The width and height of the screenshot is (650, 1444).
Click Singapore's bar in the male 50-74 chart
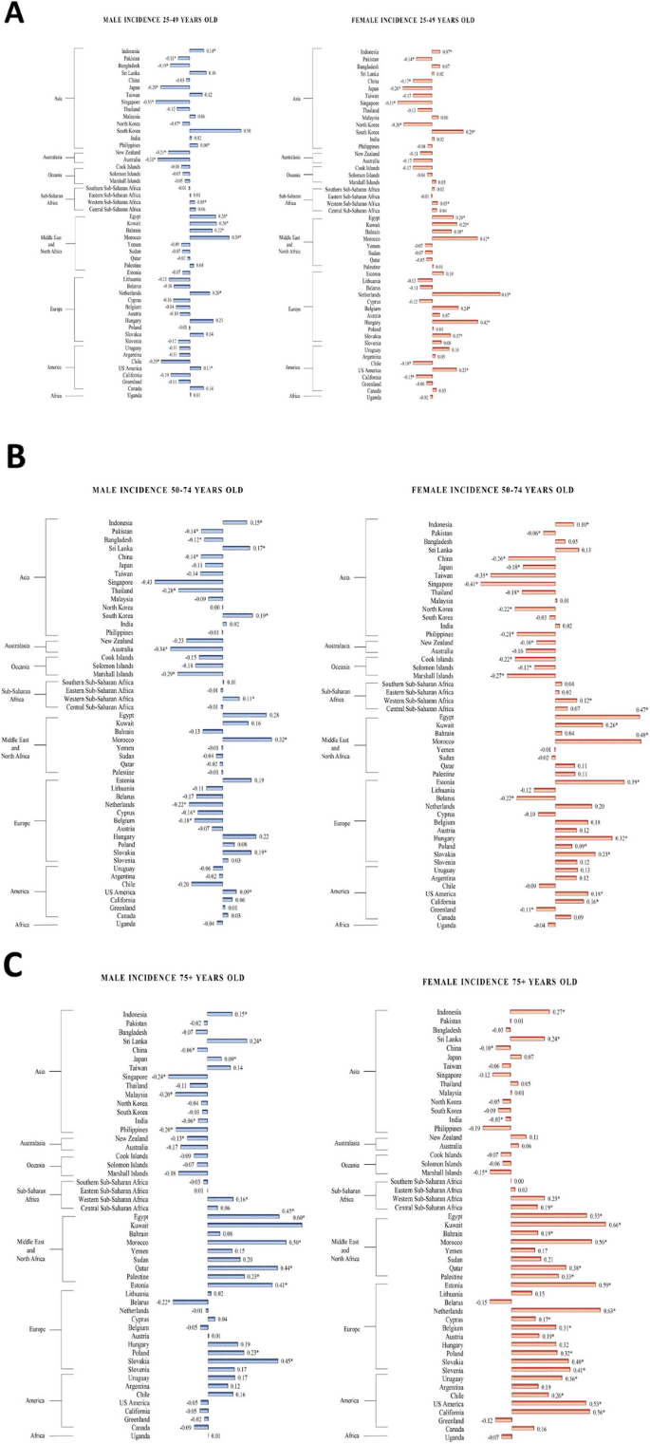pyautogui.click(x=189, y=581)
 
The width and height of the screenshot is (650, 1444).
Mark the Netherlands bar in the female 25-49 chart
pyautogui.click(x=466, y=294)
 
